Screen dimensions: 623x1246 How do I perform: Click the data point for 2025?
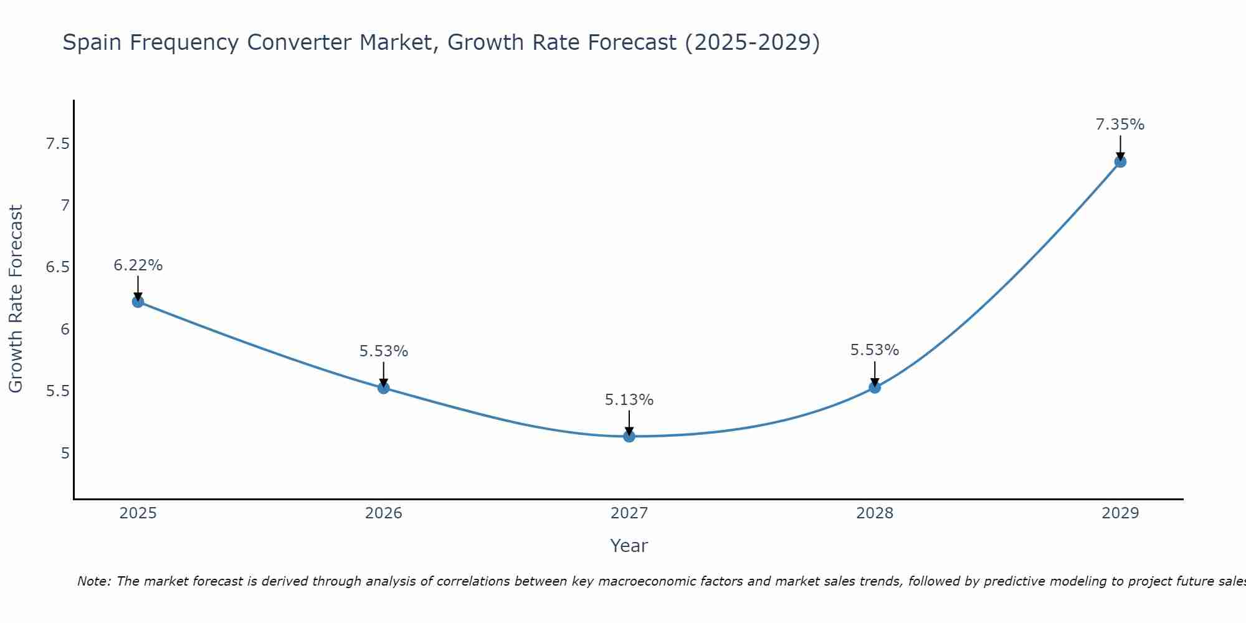coord(138,302)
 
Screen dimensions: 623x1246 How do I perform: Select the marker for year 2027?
coord(629,436)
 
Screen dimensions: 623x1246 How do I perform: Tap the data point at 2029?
coord(1120,161)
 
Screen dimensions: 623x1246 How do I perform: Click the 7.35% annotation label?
coord(1120,125)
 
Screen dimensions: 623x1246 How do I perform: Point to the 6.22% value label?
coord(138,265)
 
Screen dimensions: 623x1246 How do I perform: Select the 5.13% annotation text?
coord(629,400)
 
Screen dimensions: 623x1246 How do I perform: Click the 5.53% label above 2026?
coord(383,351)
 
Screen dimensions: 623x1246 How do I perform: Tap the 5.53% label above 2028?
coord(875,350)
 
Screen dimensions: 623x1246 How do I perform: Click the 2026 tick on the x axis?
coord(383,513)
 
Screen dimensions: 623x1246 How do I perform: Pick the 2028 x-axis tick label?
coord(875,513)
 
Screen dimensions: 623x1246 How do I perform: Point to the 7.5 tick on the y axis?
coord(57,145)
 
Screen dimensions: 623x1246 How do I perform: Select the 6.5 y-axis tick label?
coord(57,268)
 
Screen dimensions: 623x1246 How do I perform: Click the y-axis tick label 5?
coord(65,453)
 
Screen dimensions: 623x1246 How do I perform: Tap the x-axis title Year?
coord(629,546)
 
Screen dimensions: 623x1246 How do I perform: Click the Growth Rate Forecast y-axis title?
coord(16,299)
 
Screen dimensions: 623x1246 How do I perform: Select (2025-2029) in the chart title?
coord(752,43)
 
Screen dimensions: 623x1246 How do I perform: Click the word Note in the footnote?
coord(93,581)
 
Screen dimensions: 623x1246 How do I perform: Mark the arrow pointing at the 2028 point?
coord(875,374)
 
